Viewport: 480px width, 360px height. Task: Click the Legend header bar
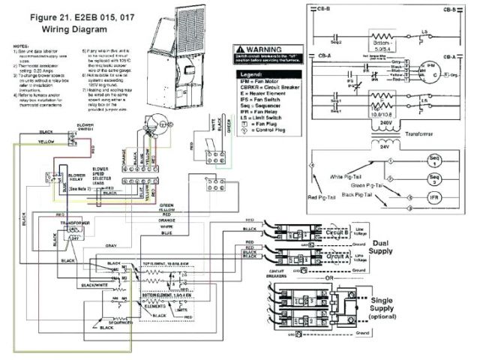(x=256, y=76)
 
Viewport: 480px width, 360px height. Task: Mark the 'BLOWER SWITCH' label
(x=85, y=127)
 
